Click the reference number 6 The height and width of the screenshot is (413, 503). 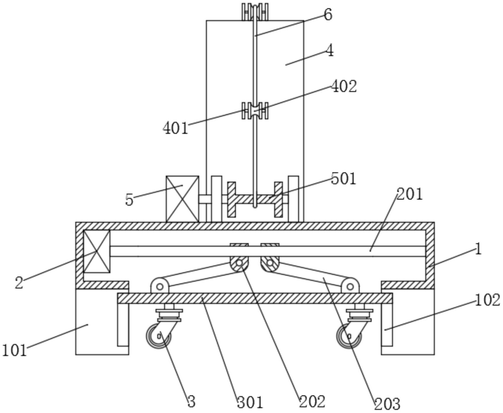(x=328, y=14)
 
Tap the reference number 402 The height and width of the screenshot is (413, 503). (x=344, y=86)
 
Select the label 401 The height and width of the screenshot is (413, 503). (x=175, y=128)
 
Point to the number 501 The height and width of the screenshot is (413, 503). (x=344, y=179)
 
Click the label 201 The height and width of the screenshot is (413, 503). (x=410, y=194)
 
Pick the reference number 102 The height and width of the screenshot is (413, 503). (x=487, y=300)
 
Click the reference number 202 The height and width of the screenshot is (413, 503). (x=312, y=402)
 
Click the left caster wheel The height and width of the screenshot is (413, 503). (x=158, y=337)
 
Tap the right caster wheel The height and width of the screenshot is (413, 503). (x=349, y=337)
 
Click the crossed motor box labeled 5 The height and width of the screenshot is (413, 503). (x=182, y=199)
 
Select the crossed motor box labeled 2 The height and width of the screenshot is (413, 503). (x=97, y=251)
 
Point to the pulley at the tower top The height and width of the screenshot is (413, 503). (x=255, y=12)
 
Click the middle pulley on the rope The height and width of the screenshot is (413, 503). (x=255, y=111)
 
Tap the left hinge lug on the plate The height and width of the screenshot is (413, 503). (x=160, y=286)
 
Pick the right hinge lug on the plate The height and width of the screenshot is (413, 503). (x=350, y=286)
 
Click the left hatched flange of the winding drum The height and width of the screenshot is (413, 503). (x=231, y=199)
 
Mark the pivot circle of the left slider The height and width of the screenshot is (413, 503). (x=239, y=263)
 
